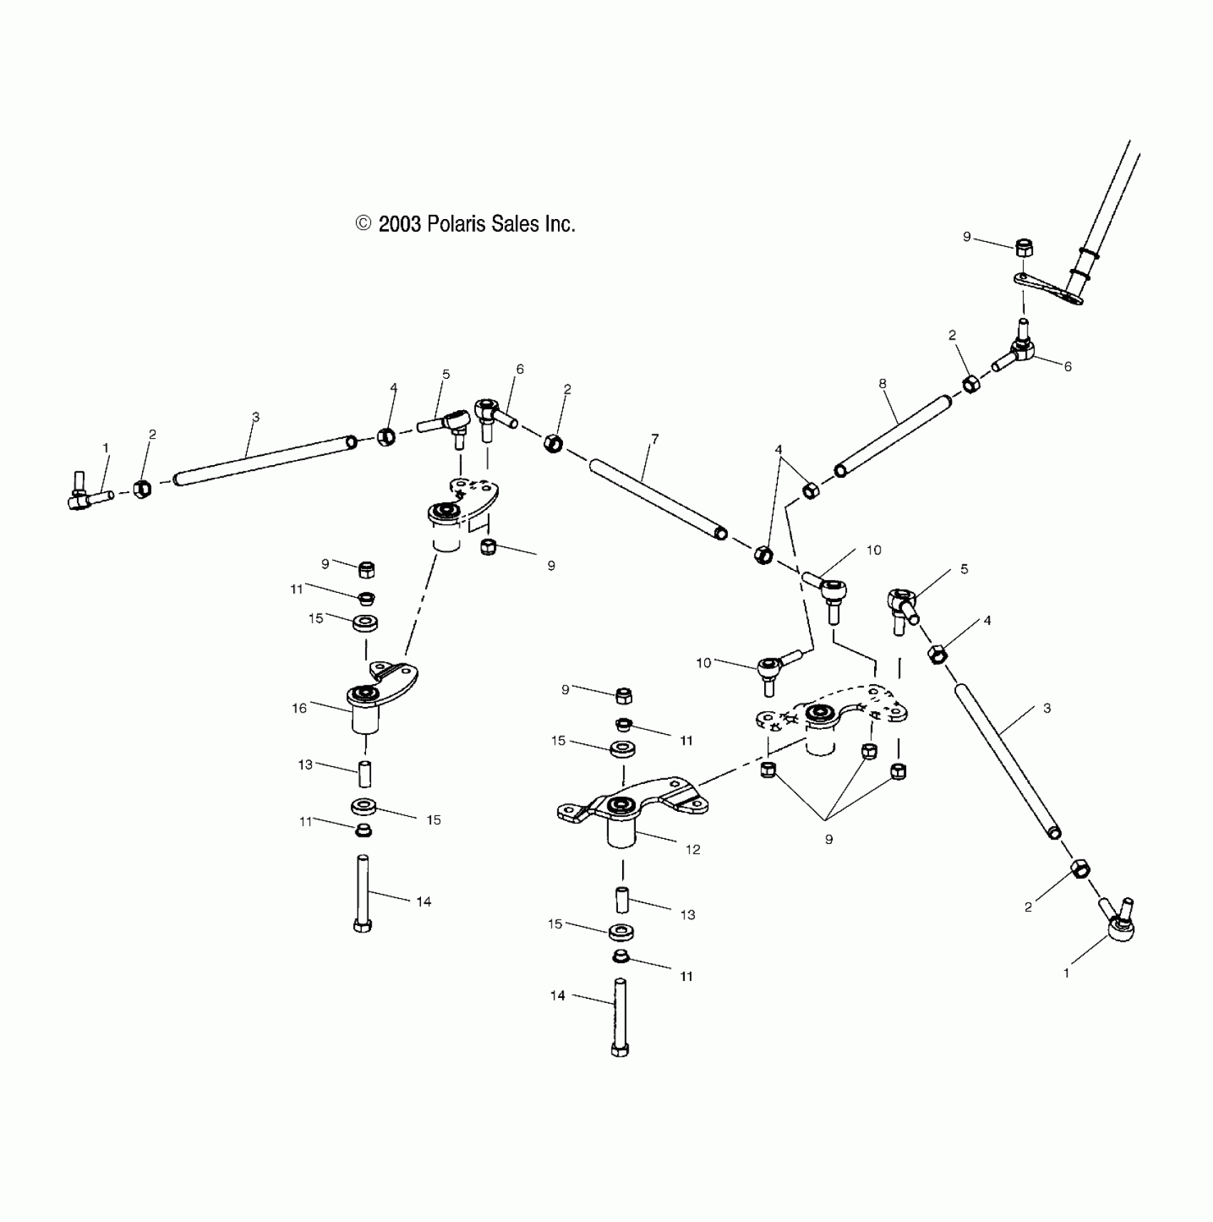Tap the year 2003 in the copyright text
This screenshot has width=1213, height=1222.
pos(400,225)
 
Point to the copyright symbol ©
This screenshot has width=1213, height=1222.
pos(363,224)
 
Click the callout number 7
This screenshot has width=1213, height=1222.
pos(655,439)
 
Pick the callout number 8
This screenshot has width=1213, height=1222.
pos(883,384)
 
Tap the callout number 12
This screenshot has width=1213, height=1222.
pos(693,849)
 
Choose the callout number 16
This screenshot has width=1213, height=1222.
pos(300,708)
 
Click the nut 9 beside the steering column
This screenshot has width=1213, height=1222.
pos(1025,249)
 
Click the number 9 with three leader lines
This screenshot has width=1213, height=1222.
pos(828,839)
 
